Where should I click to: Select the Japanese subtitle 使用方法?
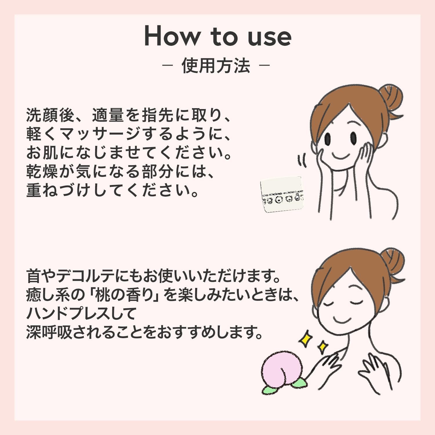[216, 66]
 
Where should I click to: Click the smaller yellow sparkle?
[322, 347]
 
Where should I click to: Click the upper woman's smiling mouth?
[341, 155]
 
